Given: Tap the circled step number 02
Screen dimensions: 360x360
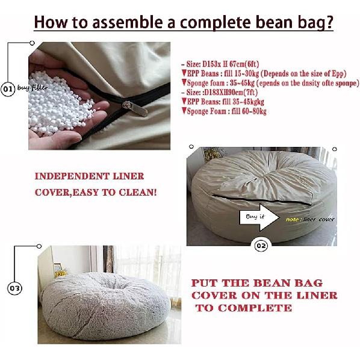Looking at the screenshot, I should [x=261, y=245].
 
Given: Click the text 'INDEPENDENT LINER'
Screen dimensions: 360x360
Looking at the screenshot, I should [x=89, y=176].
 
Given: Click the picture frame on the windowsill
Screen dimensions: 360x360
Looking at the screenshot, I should [x=58, y=270].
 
